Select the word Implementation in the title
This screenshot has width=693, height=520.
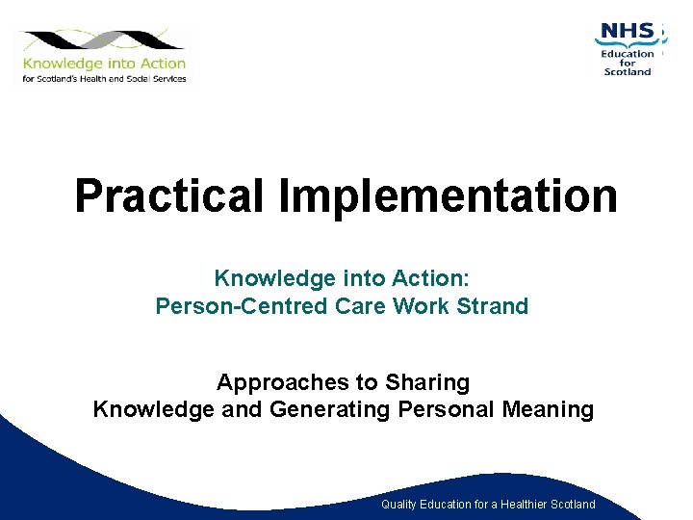[448, 195]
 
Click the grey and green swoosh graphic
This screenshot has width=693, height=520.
[101, 41]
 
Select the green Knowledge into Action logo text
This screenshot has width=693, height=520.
[104, 65]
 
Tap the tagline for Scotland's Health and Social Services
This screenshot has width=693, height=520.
[104, 79]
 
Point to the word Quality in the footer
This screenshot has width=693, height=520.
[400, 505]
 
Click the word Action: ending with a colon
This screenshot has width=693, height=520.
[430, 279]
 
